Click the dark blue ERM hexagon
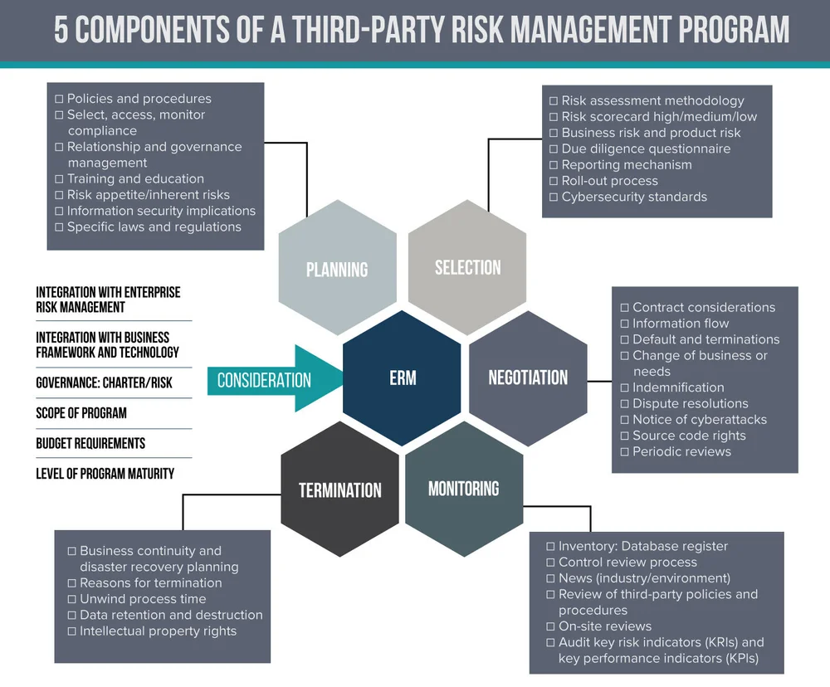(402, 378)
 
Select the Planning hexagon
(337, 269)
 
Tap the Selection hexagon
(467, 267)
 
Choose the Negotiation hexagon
(528, 378)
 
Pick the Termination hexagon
(340, 490)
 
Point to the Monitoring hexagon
(463, 488)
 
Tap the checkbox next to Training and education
(59, 179)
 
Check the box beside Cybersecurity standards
(554, 197)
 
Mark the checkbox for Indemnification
(624, 387)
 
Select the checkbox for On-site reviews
(550, 626)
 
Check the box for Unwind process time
(71, 599)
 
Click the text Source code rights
(689, 436)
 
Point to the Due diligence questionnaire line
(646, 149)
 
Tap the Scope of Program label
(81, 413)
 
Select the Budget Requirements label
(90, 443)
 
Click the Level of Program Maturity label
(105, 474)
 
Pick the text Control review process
(627, 562)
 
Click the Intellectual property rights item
(158, 631)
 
